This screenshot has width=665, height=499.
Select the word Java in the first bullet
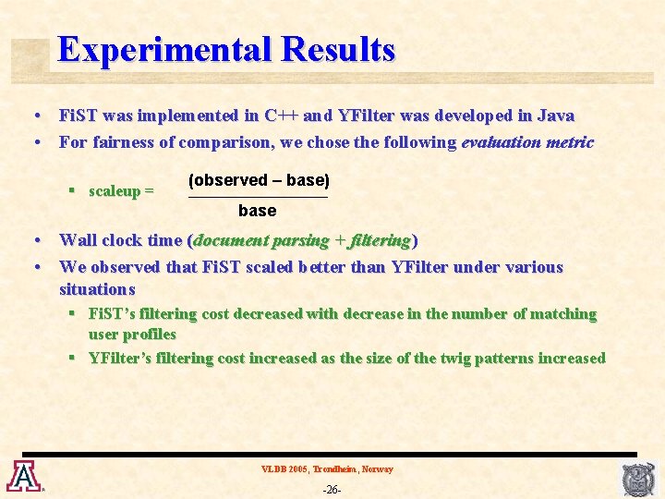click(x=556, y=116)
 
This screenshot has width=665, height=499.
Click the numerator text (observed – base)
click(x=259, y=180)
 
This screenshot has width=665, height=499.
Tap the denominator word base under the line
click(x=257, y=211)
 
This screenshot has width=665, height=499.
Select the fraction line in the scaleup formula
click(x=258, y=196)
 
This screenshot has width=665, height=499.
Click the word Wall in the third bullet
click(x=77, y=240)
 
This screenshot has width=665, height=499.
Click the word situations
click(x=97, y=289)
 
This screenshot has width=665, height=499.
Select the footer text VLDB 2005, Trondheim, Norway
click(x=327, y=469)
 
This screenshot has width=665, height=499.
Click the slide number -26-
click(x=332, y=489)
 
